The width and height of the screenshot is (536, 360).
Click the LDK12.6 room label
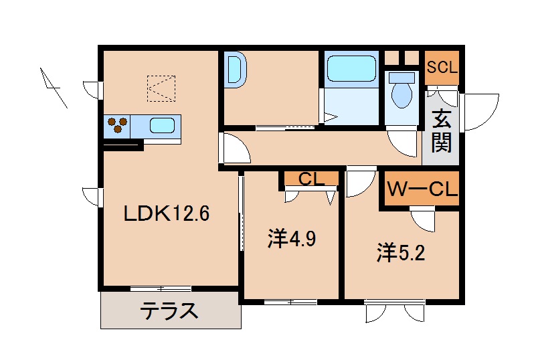(x=167, y=213)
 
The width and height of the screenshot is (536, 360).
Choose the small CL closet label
(x=311, y=179)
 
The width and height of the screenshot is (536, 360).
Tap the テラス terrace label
(x=169, y=311)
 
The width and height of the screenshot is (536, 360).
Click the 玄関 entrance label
(x=441, y=130)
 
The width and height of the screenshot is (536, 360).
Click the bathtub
(x=351, y=68)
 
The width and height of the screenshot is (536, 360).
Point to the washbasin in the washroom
(x=236, y=70)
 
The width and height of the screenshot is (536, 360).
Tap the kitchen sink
(x=163, y=125)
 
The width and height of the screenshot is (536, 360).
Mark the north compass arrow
(x=53, y=86)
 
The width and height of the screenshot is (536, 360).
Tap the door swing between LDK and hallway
(x=234, y=149)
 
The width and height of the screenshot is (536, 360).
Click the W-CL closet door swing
(x=422, y=219)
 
